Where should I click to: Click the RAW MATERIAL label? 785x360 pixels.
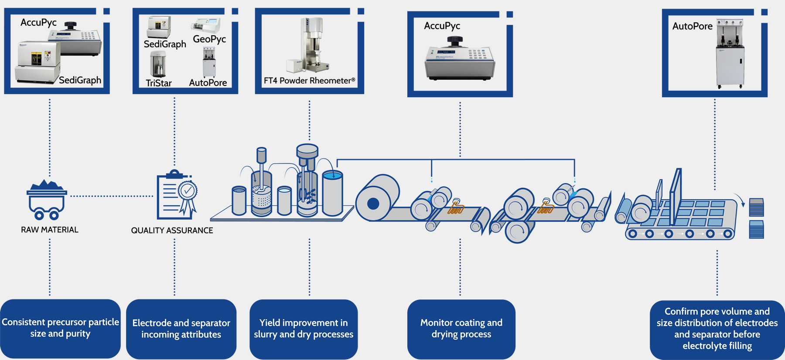pos(50,230)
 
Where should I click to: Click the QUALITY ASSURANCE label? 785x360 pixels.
pos(172,231)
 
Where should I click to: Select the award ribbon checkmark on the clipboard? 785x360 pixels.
pos(188,190)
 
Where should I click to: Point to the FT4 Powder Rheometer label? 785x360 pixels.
pos(309,81)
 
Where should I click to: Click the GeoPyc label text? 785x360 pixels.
pos(209,39)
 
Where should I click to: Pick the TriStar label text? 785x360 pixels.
pos(159,83)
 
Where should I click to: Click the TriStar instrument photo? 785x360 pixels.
pos(158,64)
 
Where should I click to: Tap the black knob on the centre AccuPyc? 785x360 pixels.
pos(454,41)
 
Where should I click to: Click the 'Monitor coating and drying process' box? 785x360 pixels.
pos(461,329)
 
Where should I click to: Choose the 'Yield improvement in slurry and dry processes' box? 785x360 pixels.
pos(304,329)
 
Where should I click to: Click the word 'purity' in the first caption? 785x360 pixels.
pos(78,334)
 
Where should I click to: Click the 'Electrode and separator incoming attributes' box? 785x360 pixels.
pos(181,329)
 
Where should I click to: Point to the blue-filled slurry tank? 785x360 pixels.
pos(332,193)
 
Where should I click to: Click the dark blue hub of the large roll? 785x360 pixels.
pos(373,203)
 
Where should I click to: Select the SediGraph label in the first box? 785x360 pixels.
pos(80,80)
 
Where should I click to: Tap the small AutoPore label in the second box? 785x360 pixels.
pos(208,83)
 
